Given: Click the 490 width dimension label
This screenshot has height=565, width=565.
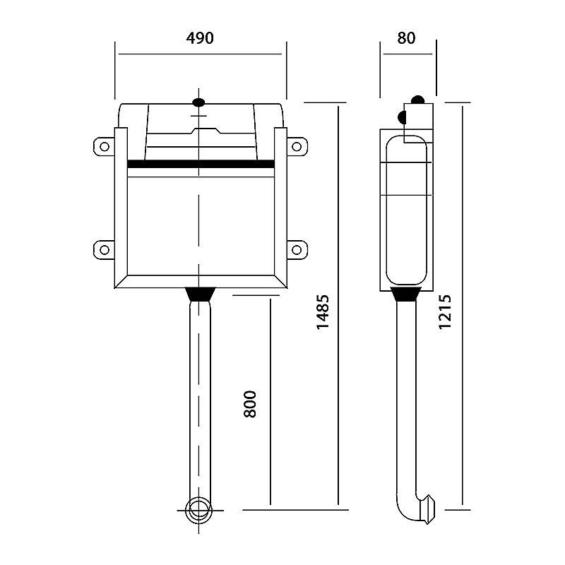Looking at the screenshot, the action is [x=200, y=38].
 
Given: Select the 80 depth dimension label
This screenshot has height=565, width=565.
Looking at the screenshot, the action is [x=406, y=38].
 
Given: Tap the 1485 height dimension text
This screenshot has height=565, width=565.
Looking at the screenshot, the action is [x=323, y=312].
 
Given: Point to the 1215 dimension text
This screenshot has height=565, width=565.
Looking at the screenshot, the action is [x=445, y=312].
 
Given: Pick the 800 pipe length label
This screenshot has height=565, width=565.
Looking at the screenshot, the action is [x=250, y=404].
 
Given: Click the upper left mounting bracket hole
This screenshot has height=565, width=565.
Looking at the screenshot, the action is [x=105, y=147].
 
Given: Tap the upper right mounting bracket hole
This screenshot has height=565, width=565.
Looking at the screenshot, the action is [x=297, y=147].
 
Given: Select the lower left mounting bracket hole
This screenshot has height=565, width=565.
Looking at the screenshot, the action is [x=105, y=250].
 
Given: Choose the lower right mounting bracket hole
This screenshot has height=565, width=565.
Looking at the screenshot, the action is [x=297, y=250].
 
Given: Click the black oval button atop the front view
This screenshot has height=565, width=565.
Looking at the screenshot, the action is [x=199, y=102].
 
